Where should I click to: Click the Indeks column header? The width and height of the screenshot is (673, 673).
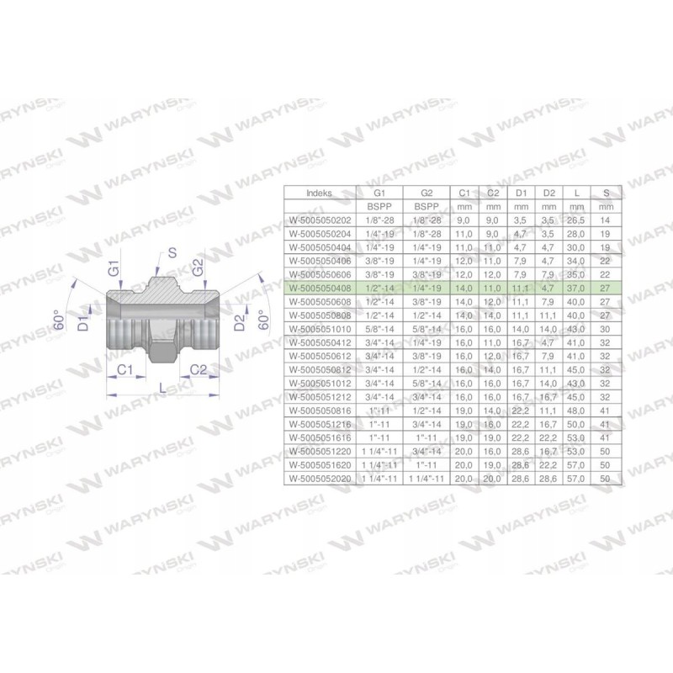(x=321, y=193)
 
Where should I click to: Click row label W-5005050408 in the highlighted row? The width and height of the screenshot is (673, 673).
(x=321, y=287)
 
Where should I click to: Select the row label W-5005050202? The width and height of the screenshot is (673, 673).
(x=321, y=220)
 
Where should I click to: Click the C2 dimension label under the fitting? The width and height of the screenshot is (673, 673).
(x=199, y=369)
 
